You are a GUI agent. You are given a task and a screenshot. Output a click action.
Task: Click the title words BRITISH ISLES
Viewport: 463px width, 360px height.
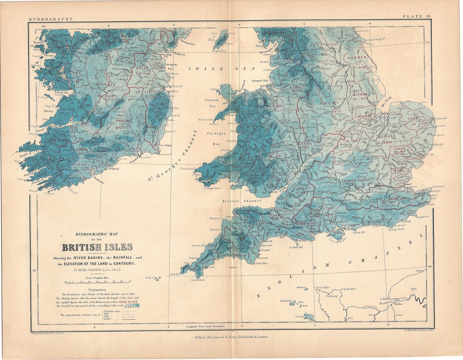(x=97, y=248)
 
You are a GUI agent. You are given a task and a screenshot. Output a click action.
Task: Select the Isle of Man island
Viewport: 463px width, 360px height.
(x=221, y=40)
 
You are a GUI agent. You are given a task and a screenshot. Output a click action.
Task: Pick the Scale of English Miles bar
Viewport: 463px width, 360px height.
(x=97, y=281)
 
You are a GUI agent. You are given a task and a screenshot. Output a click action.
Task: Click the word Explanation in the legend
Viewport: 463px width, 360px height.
(x=97, y=290)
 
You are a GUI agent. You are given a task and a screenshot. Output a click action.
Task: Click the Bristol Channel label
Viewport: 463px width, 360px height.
(x=242, y=201)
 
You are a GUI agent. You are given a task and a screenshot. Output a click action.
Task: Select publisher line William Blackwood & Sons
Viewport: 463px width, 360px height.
(x=231, y=337)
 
